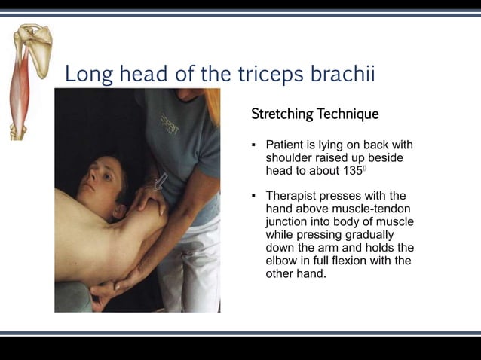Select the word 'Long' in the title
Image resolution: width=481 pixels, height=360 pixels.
(87, 74)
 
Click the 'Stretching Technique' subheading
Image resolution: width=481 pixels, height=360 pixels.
(314, 114)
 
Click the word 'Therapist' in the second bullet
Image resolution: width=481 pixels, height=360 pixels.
(294, 196)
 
